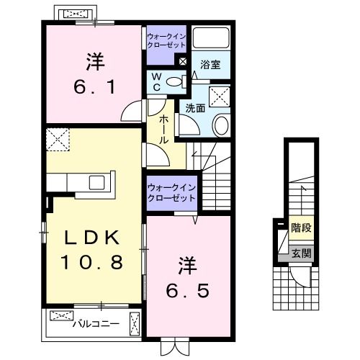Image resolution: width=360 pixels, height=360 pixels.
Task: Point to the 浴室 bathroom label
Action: point(210,64)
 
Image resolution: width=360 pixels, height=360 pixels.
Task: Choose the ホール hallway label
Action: point(165,129)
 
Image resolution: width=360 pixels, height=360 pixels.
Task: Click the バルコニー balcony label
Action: point(95,324)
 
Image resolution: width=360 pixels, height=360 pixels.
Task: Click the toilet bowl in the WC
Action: point(174,82)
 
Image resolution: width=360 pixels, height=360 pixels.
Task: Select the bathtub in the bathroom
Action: point(210,39)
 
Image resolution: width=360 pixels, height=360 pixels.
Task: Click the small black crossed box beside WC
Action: point(182,62)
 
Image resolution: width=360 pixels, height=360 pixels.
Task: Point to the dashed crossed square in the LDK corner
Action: point(56,139)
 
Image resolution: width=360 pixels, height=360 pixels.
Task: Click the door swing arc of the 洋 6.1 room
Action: point(132,112)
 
